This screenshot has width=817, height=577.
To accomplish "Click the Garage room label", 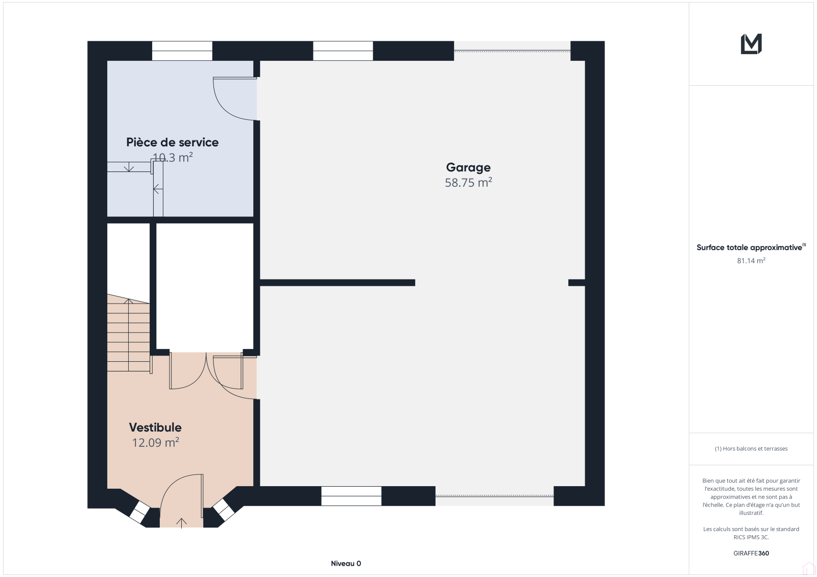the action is (468, 168).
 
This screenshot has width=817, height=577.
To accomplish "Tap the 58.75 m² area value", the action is (468, 182).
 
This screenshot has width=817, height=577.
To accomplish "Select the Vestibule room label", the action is (155, 427).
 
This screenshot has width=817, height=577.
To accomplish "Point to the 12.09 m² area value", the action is (155, 442).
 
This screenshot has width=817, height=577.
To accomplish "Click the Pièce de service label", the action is (173, 142).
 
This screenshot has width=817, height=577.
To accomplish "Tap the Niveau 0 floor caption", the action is (346, 564).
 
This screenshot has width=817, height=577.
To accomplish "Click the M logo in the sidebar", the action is (751, 44).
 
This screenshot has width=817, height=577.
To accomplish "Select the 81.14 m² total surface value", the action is (751, 261).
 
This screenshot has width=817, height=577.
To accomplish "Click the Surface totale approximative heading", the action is (750, 247).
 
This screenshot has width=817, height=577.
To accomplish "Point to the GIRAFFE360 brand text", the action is (751, 554).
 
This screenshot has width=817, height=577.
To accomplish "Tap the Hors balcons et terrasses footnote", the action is (751, 449).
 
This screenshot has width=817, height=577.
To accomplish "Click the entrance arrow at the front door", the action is (181, 523).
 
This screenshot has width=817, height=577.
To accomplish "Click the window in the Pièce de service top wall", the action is (182, 51).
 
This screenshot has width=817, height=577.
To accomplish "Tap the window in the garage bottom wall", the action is (351, 496).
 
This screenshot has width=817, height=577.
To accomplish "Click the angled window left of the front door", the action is (140, 512).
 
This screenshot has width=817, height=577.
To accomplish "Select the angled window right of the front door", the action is (224, 510).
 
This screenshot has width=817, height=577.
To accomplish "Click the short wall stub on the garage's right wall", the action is (576, 283).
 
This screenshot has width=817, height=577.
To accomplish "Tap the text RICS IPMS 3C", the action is (751, 537).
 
